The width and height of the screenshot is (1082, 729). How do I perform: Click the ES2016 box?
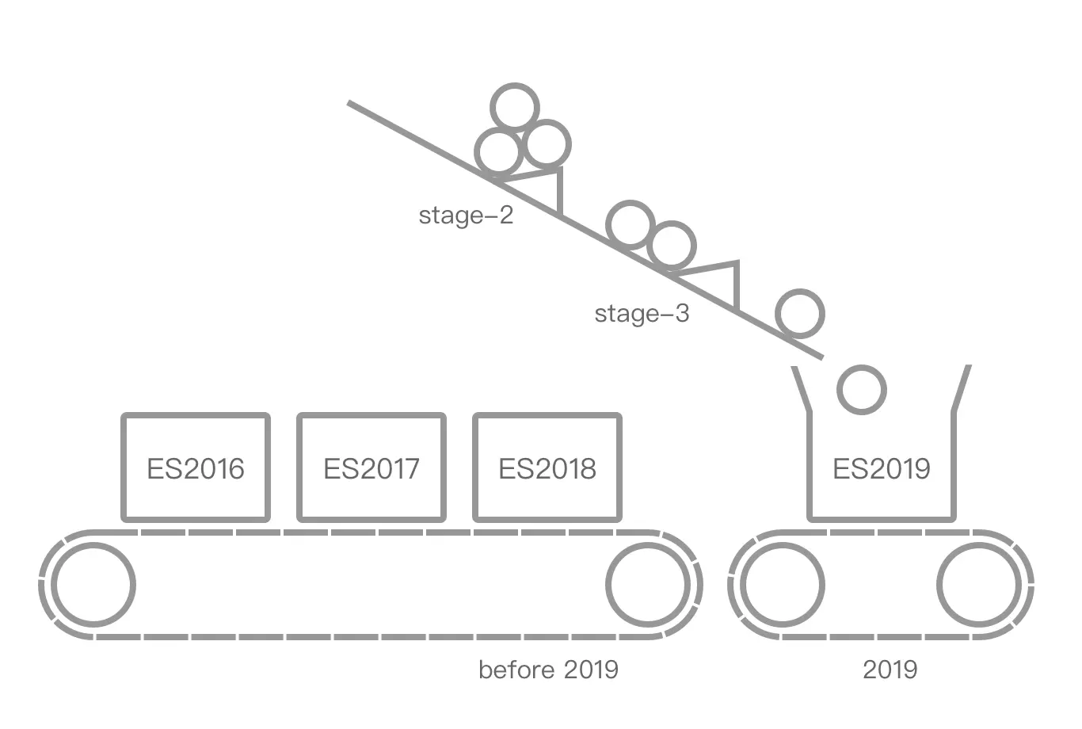196,468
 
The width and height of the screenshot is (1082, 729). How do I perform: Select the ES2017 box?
371,468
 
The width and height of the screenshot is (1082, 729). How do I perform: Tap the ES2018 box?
547,468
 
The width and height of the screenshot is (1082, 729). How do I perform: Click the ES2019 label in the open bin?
882,468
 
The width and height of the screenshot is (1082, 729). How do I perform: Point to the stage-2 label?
466,215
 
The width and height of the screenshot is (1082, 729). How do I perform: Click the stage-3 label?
642,314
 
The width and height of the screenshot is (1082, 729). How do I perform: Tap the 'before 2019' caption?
548,670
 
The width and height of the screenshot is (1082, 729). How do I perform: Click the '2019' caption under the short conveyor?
890,670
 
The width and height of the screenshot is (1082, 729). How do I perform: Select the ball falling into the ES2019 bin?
862,389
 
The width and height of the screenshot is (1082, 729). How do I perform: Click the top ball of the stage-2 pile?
515,105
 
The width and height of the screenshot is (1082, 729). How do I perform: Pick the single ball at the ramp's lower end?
800,314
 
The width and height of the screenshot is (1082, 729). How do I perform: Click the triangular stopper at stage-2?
546,187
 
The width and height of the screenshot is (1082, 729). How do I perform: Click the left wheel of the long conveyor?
93,585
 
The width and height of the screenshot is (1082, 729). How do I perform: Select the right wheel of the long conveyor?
648,585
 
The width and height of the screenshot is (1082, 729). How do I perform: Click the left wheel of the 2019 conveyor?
783,585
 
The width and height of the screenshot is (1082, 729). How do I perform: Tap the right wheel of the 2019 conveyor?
979,585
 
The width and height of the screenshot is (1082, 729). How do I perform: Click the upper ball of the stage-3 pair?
631,224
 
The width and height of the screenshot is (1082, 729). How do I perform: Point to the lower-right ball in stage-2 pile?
547,144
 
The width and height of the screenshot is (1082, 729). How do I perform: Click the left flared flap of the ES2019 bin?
802,388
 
